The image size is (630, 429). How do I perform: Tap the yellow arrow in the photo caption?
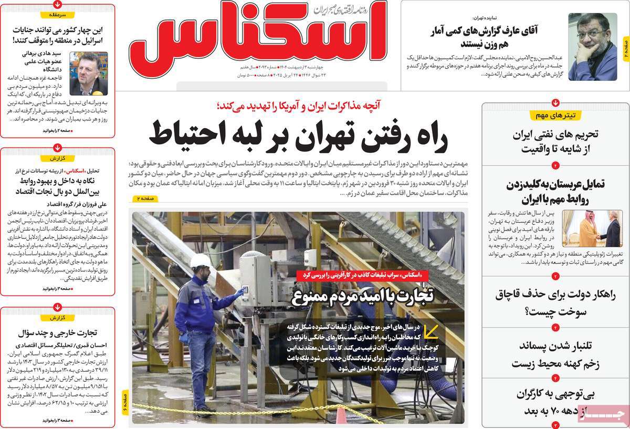431,332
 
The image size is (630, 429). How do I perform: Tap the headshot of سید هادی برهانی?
89,72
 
